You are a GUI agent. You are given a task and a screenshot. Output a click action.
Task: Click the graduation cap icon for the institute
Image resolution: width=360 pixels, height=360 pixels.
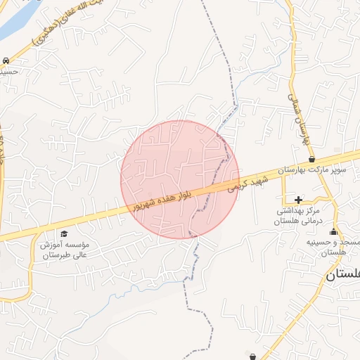pos(65,233)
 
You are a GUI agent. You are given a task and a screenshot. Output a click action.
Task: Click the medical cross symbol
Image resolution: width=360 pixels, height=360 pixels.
pos(299,200)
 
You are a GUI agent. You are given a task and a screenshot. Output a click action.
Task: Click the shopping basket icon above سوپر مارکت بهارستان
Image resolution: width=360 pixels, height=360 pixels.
pos(311,160)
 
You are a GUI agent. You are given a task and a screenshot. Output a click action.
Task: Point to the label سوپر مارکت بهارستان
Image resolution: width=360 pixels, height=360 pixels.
pos(311,170)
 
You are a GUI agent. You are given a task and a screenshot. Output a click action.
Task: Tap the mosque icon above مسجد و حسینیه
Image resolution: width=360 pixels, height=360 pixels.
pos(333,233)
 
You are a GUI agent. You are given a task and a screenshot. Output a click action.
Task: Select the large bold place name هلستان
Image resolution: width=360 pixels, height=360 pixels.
pos(342,276)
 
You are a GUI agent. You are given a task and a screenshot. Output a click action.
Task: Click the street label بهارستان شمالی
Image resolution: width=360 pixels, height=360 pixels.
pos(299,120)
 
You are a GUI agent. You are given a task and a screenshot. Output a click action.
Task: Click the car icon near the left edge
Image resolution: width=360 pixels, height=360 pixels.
pos(6,61)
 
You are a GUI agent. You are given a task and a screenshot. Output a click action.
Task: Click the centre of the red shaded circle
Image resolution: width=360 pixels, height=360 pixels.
pos(180,179)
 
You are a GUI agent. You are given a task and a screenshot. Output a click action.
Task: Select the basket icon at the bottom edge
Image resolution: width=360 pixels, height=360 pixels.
pos(253,356)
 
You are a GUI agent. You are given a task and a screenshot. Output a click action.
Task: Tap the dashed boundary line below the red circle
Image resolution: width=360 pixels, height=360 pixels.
pos(188,281)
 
